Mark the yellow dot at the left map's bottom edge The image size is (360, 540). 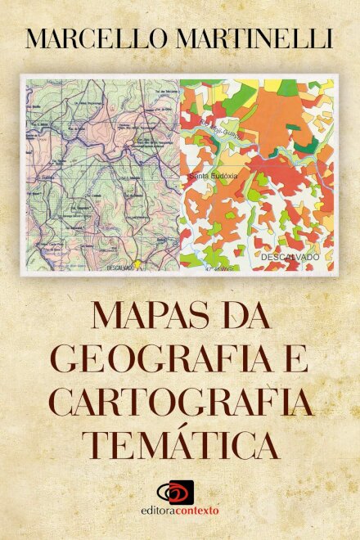pyautogui.click(x=138, y=264)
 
